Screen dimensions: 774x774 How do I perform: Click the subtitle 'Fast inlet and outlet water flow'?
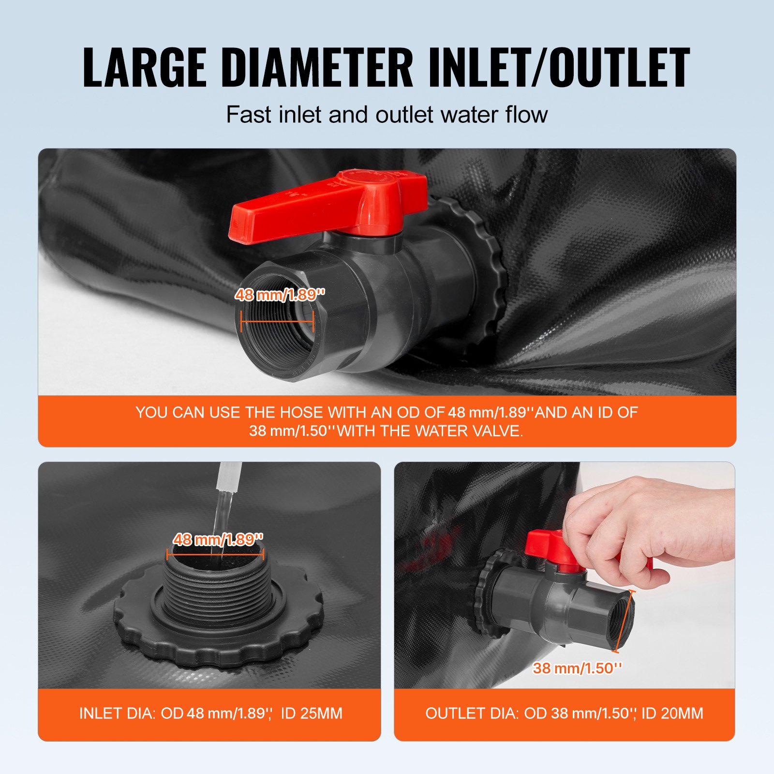pos(387,115)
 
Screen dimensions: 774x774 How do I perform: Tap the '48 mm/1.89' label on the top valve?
pos(280,295)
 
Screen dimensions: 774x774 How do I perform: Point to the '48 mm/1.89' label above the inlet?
pos(218,539)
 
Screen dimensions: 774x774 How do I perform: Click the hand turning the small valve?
pos(648,522)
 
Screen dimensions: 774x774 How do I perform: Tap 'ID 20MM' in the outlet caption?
pos(672,714)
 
